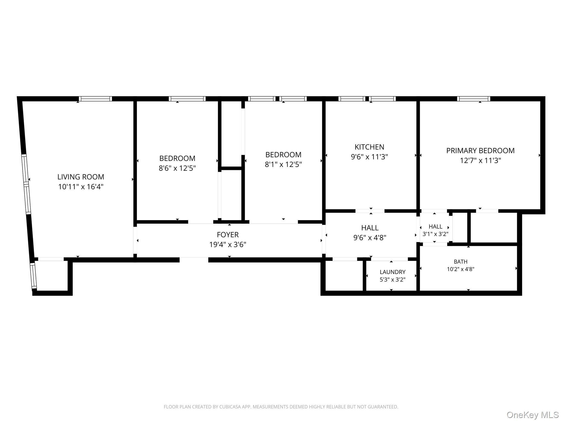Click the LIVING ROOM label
(x=81, y=177)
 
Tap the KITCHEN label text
(x=369, y=147)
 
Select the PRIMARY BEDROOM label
(x=480, y=150)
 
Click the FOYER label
(x=228, y=235)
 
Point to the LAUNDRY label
(x=392, y=272)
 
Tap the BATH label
(x=460, y=262)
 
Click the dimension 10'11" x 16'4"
(x=81, y=187)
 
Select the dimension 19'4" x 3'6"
(x=228, y=244)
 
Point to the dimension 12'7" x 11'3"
(x=480, y=160)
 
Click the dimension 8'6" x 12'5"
(x=177, y=168)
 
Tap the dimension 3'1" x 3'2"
(x=435, y=234)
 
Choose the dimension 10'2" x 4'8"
(x=460, y=269)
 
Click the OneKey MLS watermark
(x=533, y=415)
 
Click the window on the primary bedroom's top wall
(x=474, y=99)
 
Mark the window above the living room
(x=95, y=99)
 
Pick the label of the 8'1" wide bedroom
(x=283, y=155)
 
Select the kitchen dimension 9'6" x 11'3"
(x=369, y=157)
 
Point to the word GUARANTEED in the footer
(x=383, y=407)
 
